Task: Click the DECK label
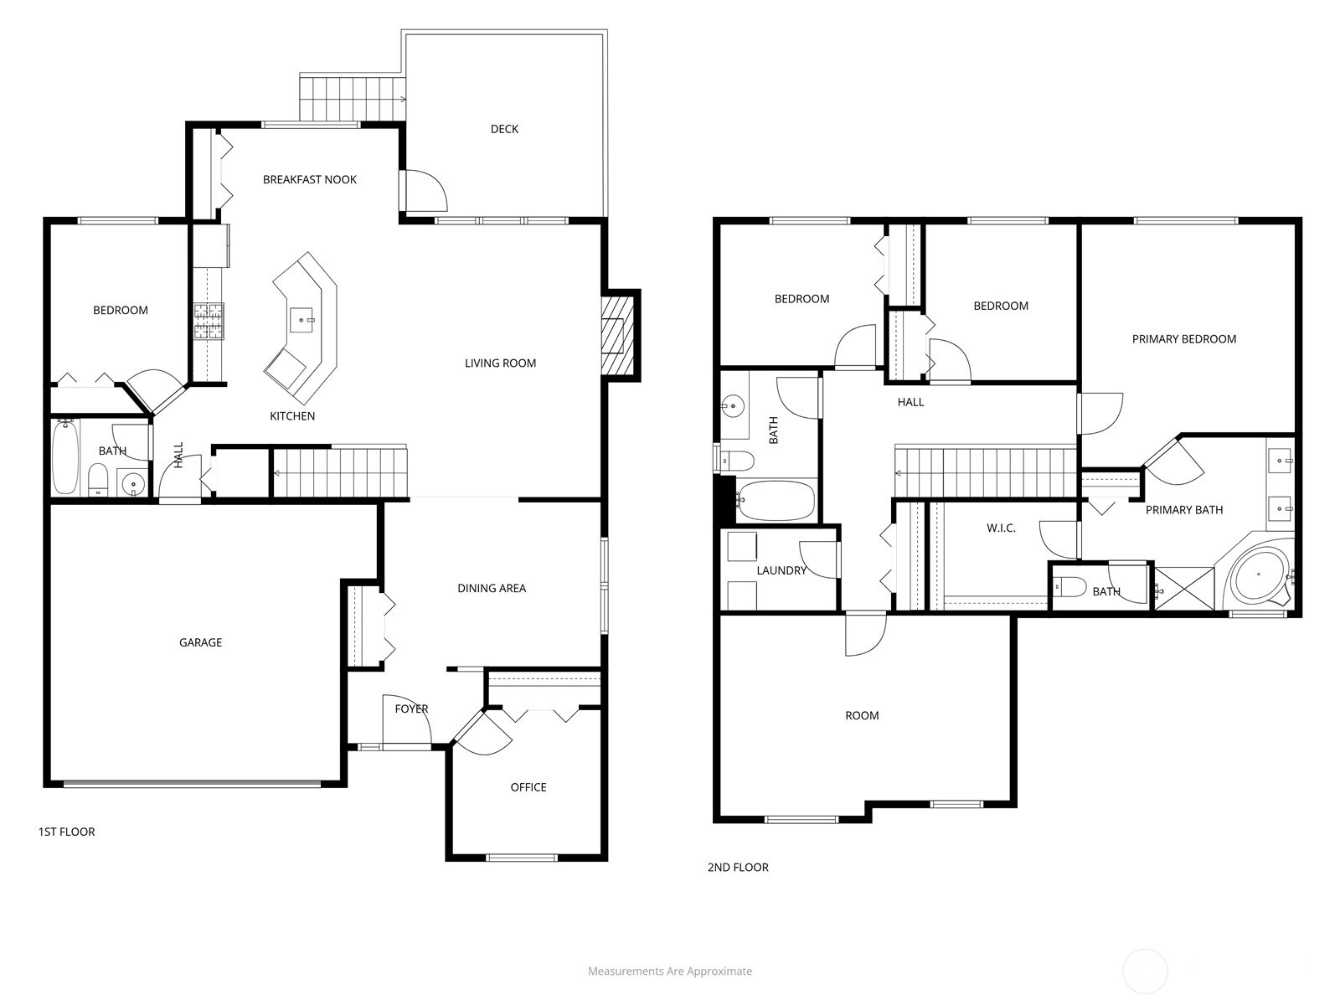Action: click(x=504, y=129)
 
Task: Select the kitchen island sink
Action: click(x=303, y=319)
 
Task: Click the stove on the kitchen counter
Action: click(x=209, y=322)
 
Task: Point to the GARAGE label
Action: click(x=200, y=643)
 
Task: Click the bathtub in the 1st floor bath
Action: click(x=65, y=458)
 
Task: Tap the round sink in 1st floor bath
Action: click(x=132, y=484)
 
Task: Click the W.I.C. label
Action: click(x=1001, y=528)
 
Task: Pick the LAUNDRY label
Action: click(x=781, y=571)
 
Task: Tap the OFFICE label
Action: click(x=528, y=787)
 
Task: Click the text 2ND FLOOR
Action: click(x=738, y=868)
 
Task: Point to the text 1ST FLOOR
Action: click(x=67, y=832)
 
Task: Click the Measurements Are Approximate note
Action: click(x=670, y=971)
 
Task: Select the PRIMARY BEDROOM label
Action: click(x=1183, y=339)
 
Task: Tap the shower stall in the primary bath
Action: click(x=1183, y=589)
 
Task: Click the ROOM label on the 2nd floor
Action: click(x=862, y=716)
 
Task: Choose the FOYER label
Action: click(x=411, y=709)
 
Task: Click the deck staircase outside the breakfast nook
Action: click(x=352, y=98)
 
